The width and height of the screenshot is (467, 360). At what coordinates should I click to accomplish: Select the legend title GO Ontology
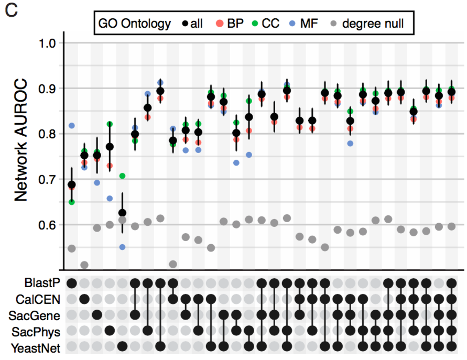point(135,24)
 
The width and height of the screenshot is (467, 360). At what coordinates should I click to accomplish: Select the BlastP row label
point(42,283)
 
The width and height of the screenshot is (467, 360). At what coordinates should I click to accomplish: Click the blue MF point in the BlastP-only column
point(72,126)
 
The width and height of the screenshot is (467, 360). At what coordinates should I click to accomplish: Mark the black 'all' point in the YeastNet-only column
point(122,213)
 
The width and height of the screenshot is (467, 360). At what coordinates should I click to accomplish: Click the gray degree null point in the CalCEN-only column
point(84,265)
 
